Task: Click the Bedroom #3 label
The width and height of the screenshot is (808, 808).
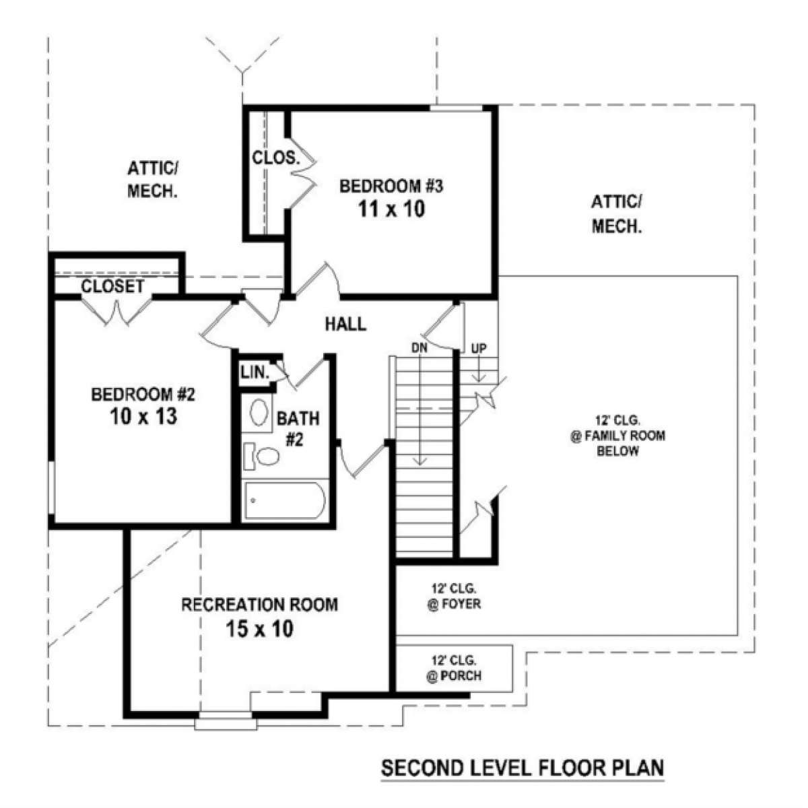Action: pos(391,186)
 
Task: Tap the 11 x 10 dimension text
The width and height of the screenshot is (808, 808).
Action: pos(391,209)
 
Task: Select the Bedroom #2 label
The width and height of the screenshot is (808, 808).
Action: pos(143,395)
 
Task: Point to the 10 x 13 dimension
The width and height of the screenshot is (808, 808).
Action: pos(143,416)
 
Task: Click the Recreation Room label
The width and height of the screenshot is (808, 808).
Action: pos(259,605)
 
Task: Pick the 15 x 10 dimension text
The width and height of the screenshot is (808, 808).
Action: pos(259,628)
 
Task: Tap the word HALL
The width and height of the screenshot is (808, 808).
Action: pos(346,324)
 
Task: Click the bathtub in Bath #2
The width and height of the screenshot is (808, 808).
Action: pos(285,501)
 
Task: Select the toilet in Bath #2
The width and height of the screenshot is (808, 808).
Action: pos(263,456)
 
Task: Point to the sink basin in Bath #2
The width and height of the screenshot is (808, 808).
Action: pos(259,413)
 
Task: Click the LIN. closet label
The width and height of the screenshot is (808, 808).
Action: pos(255,372)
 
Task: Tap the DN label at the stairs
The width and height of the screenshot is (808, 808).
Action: pos(419,347)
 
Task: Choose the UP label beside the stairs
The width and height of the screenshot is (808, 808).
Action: pos(479,348)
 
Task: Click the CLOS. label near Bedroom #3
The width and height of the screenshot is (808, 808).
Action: pos(276,158)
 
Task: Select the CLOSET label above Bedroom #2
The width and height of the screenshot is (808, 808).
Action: pos(112,286)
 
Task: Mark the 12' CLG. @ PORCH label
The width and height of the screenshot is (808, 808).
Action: pos(454,669)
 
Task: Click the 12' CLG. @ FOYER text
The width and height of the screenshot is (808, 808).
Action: pos(454,597)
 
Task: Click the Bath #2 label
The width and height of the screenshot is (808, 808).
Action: pos(298,430)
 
